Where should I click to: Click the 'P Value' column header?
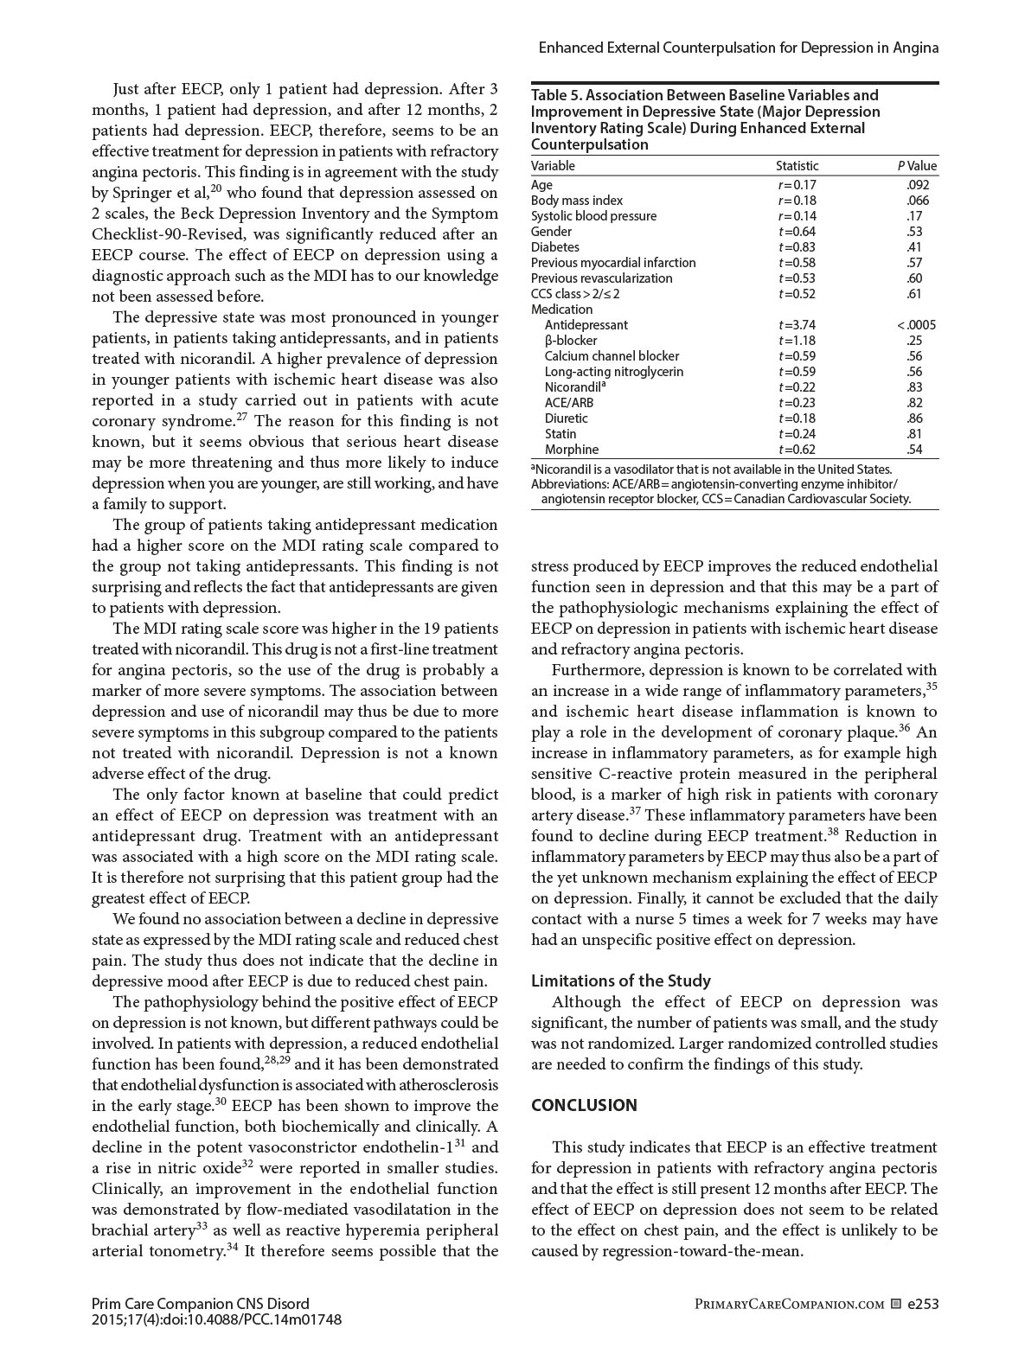click(917, 166)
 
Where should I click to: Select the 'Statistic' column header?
click(797, 166)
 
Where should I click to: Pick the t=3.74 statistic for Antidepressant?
click(797, 325)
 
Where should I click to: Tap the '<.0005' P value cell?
click(916, 325)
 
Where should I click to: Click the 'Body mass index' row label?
click(576, 201)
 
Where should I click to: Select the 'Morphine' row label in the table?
click(571, 450)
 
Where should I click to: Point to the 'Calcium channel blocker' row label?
click(612, 356)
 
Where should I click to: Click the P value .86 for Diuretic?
click(914, 418)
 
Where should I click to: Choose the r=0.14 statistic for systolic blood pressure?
click(797, 216)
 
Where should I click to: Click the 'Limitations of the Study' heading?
click(620, 980)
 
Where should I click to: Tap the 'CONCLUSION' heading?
click(584, 1105)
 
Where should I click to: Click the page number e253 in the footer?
click(923, 1304)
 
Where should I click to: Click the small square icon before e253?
click(896, 1304)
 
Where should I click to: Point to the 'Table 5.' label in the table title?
click(557, 95)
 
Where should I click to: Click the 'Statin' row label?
click(560, 434)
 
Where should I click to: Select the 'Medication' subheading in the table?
click(561, 310)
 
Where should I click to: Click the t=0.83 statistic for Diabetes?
click(797, 247)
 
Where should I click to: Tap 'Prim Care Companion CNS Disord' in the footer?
click(200, 1304)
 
